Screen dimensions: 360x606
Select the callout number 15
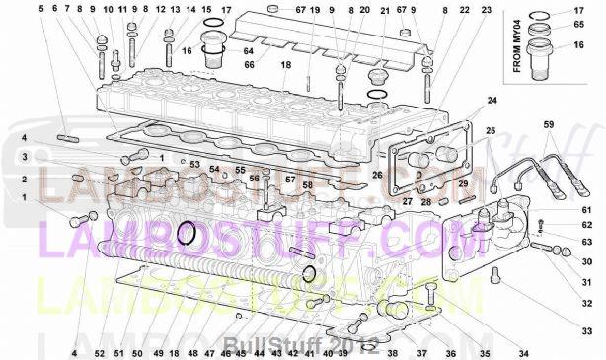point(205,10)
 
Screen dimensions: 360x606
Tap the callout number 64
point(249,50)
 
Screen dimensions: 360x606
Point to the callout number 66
point(249,64)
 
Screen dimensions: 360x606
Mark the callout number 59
point(550,124)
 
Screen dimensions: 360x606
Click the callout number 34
point(523,352)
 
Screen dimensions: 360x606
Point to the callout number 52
point(100,352)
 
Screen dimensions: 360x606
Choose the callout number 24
point(491,102)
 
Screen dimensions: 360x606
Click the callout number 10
point(108,10)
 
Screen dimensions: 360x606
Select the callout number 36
point(449,352)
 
